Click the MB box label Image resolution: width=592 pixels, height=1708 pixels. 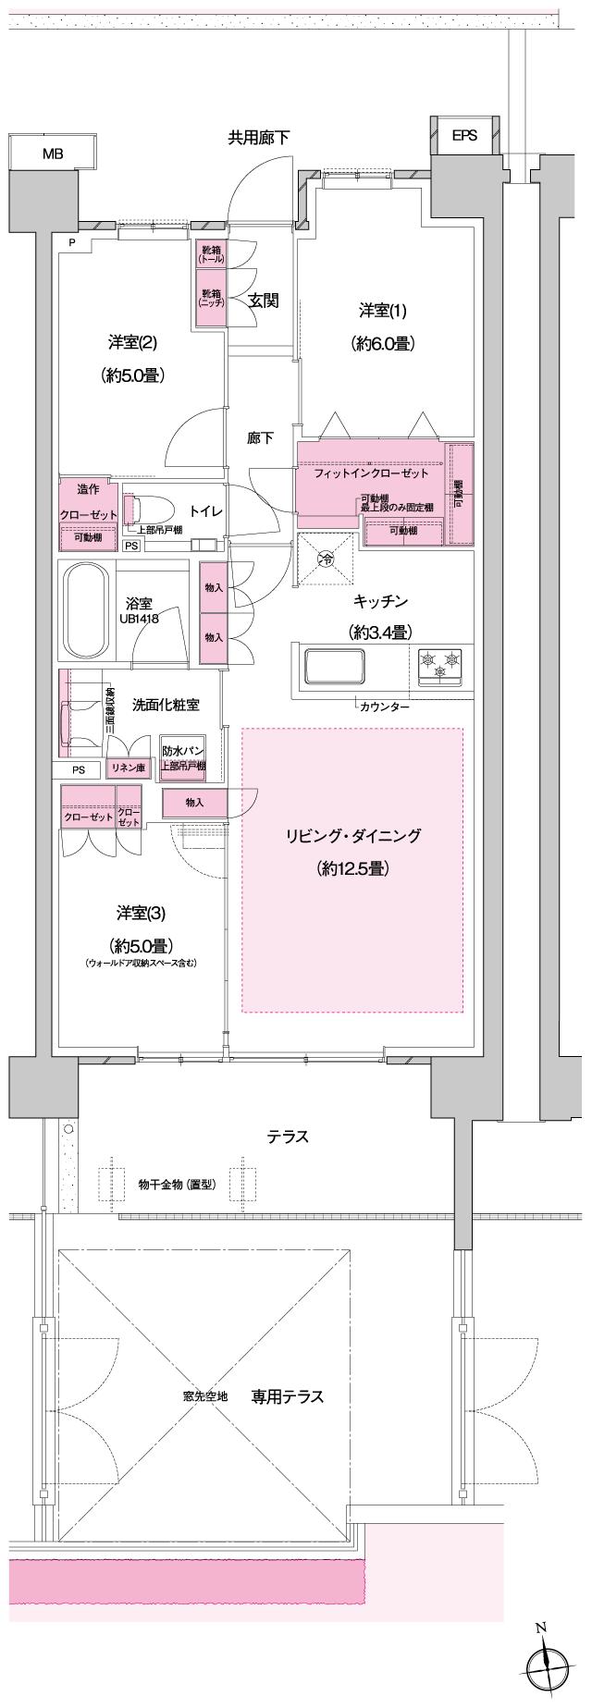tap(52, 154)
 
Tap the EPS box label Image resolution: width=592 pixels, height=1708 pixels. tap(464, 135)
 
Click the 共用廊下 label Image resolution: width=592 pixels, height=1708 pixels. tap(259, 138)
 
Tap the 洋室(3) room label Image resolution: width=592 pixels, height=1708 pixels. tap(141, 914)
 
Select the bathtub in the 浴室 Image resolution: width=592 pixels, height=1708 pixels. tap(85, 611)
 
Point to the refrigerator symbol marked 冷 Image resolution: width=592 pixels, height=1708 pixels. tap(326, 559)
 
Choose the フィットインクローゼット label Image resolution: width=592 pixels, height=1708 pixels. tap(371, 473)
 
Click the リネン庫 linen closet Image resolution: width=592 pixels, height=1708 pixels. tap(128, 768)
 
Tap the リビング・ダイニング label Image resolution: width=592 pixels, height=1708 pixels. tap(352, 836)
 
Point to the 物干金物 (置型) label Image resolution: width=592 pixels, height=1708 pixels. tap(177, 1184)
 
